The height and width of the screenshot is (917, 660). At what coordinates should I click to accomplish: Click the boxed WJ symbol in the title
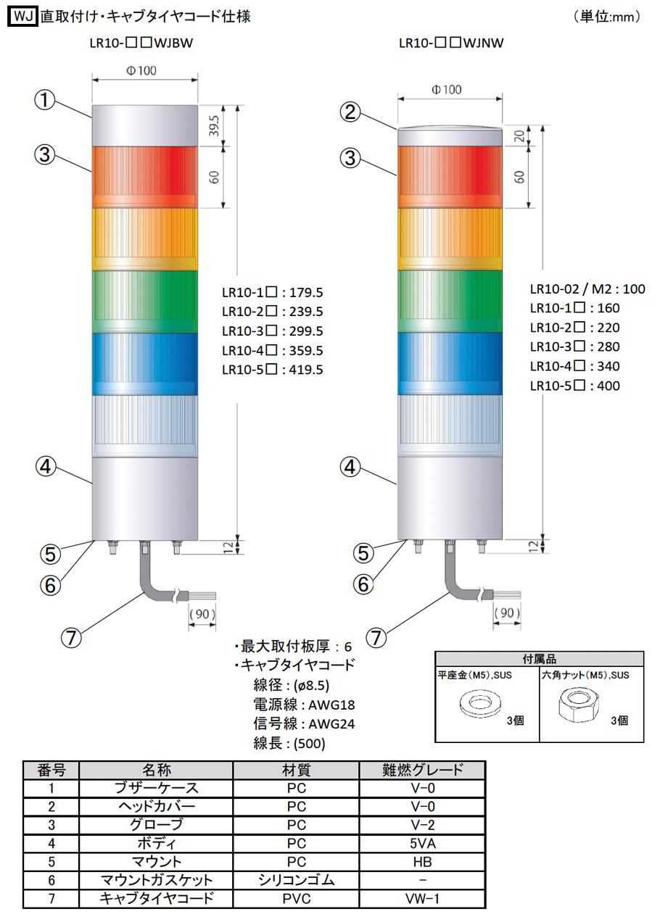tap(22, 17)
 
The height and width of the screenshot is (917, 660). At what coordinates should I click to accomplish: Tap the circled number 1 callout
tap(45, 100)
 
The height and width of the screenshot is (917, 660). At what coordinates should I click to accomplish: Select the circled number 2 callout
tap(351, 112)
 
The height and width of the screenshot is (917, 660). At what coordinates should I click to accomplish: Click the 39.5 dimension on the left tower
tap(214, 125)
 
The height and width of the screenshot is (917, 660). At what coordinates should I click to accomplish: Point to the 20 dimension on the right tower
tap(519, 136)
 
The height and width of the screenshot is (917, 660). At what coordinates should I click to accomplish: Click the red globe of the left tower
tap(144, 178)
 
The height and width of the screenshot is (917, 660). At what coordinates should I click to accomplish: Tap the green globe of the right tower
tap(450, 302)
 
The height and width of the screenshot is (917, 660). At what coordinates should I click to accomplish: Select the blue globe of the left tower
tap(144, 364)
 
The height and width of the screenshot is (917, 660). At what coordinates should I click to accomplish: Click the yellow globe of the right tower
tap(450, 239)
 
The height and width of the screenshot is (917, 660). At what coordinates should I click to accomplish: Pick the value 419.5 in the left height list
tap(306, 370)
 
